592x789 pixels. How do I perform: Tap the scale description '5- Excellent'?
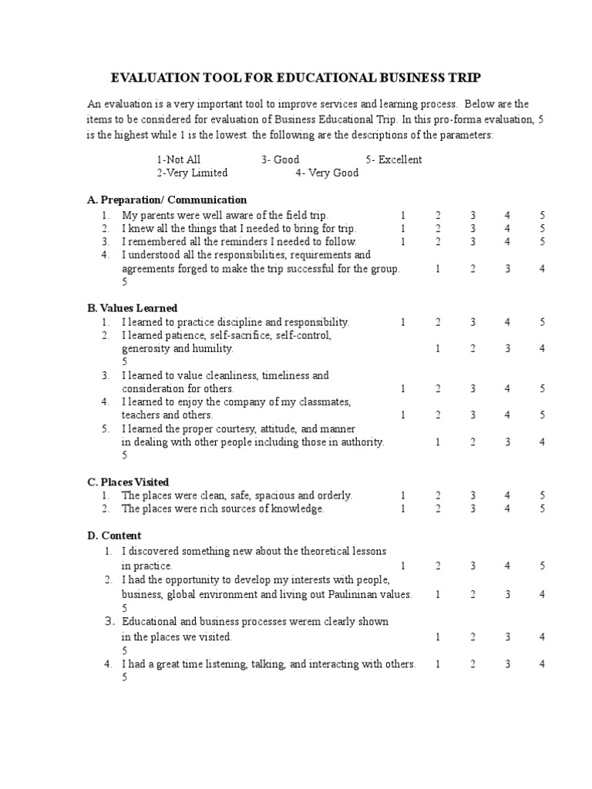(x=394, y=159)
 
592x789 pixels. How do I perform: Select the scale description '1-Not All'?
(x=178, y=159)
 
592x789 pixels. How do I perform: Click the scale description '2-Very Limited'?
(x=192, y=173)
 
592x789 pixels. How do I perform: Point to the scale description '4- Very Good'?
(x=327, y=173)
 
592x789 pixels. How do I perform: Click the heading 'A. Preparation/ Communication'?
(x=167, y=200)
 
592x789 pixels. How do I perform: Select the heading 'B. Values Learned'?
(x=133, y=307)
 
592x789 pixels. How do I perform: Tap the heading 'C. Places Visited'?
(x=128, y=482)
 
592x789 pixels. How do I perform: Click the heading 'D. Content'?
(x=114, y=535)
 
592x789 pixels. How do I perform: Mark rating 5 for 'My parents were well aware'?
(x=543, y=215)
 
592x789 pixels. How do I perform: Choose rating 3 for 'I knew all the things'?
(x=473, y=228)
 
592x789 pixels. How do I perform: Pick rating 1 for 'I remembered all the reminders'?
(x=402, y=242)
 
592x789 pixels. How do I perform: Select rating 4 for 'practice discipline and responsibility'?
(x=507, y=322)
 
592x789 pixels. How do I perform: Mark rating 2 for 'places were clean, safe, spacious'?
(x=438, y=495)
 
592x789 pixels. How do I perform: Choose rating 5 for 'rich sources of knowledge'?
(x=543, y=509)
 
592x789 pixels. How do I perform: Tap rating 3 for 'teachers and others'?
(x=473, y=415)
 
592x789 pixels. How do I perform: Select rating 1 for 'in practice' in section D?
(x=402, y=566)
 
